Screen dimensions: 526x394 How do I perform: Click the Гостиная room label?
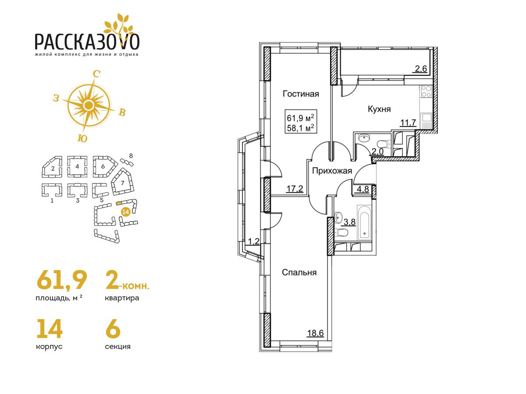point(301,94)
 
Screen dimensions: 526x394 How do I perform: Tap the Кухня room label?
point(379,109)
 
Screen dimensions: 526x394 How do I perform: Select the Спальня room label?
point(299,272)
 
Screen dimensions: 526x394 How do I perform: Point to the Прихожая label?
point(332,171)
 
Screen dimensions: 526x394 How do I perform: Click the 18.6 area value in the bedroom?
point(315,333)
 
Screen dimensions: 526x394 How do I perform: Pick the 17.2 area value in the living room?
point(295,189)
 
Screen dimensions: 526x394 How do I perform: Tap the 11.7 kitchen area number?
point(409,123)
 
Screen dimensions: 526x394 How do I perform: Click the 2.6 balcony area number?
point(421,69)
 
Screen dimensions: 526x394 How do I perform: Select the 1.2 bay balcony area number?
point(253,242)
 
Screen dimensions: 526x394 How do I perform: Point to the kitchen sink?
point(426,118)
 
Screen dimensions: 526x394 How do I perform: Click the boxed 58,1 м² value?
point(301,128)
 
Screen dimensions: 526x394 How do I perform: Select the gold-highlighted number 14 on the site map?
point(125,212)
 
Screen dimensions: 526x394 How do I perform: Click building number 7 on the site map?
point(122,183)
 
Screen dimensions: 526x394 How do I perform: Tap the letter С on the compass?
point(96,74)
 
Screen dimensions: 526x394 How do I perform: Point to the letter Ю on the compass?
point(82,138)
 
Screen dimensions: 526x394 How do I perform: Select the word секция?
point(117,346)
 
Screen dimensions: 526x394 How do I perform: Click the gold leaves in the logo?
point(119,25)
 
